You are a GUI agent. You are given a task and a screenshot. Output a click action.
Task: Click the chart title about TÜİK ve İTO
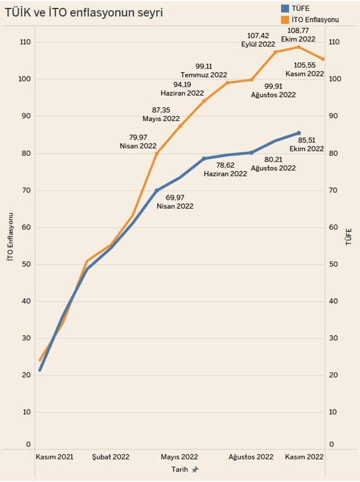point(84,12)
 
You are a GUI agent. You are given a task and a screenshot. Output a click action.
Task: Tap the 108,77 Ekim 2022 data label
point(298,35)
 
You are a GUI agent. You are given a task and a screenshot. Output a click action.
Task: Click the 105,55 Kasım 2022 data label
point(305,69)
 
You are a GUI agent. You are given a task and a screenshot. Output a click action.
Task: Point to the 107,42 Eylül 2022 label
point(258,40)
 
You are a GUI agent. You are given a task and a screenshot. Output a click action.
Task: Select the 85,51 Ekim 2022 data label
point(307,145)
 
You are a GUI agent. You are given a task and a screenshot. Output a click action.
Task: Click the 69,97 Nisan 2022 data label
point(175,202)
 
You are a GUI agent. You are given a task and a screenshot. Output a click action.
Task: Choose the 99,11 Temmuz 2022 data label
point(203,70)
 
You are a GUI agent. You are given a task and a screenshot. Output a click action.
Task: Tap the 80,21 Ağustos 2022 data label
point(273,164)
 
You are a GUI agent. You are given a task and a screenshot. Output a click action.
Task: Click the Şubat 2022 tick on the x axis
point(111,457)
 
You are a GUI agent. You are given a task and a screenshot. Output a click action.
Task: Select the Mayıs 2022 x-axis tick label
point(179,457)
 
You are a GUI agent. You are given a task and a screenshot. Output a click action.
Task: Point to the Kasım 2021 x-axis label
point(54,457)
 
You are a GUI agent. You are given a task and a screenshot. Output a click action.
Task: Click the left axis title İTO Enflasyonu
point(9,236)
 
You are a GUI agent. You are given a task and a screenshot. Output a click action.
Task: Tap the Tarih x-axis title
point(179,469)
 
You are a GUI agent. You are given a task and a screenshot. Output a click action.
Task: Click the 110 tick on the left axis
point(25,42)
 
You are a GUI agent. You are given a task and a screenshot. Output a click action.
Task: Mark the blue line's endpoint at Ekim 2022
point(299,133)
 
